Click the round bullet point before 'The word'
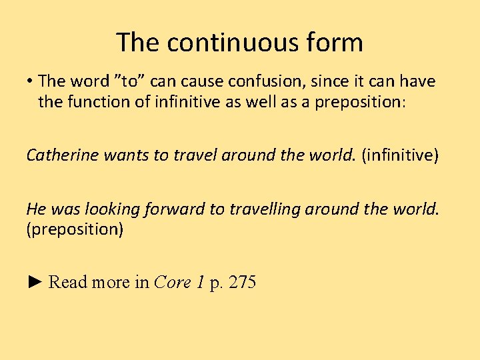click(x=30, y=82)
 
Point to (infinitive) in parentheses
click(x=399, y=155)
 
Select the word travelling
click(x=262, y=209)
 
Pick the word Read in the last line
click(x=68, y=282)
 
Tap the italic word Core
click(x=173, y=282)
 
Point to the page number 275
click(x=242, y=282)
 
